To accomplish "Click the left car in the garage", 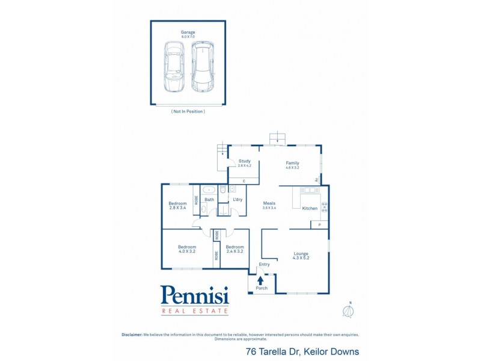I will coord(174,66).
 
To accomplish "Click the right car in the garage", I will coord(203,66).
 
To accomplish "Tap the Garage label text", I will coord(188,32).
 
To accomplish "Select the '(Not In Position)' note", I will coord(188,111).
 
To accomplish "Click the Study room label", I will coord(244,161).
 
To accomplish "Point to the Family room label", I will coord(292,163).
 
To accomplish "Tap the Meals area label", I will coord(269,203).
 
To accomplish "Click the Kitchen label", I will coord(310,208).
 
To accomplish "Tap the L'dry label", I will coord(237,199).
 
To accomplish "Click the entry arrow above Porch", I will coord(260,280).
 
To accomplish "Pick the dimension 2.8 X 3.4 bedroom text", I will coord(177,208).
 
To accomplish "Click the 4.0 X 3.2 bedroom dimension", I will coord(186,251).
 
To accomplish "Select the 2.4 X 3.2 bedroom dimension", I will coord(234,251).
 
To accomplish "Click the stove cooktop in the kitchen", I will coord(325,208).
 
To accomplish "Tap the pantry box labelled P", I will coord(319,225).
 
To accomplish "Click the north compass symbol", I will coord(346,311).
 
